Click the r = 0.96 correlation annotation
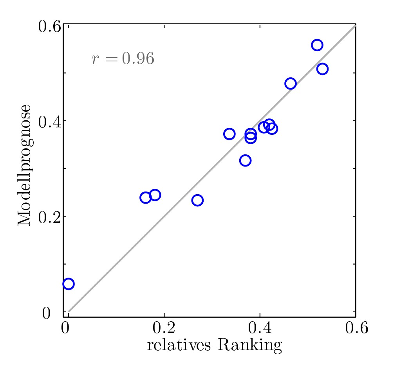point(123,59)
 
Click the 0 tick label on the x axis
point(65,328)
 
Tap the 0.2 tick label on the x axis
point(163,328)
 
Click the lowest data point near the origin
point(69,284)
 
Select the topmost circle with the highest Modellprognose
point(317,45)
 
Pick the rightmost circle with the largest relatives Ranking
point(322,69)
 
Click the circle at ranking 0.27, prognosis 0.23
point(197,201)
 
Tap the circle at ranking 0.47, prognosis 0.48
point(290,83)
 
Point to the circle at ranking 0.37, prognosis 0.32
point(245,160)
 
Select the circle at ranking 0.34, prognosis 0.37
point(229,134)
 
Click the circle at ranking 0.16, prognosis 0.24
point(145,197)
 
